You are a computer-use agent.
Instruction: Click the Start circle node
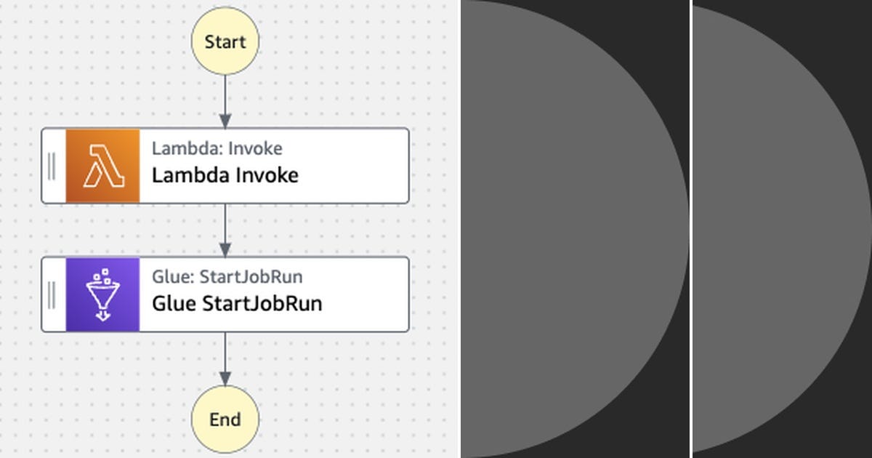(x=225, y=41)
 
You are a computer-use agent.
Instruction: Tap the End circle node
(x=225, y=419)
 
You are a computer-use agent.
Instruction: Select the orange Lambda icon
(x=102, y=166)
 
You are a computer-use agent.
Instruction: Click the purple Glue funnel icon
(x=102, y=294)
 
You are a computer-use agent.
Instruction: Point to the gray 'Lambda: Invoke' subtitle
(x=217, y=149)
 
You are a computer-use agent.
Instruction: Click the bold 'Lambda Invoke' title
(x=225, y=176)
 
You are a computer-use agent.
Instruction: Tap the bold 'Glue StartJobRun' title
(x=236, y=304)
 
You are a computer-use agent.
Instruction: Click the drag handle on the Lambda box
(x=52, y=166)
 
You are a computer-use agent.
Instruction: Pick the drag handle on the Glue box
(x=52, y=294)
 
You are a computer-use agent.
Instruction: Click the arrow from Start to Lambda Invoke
(x=225, y=102)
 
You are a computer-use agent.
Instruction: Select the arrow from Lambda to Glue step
(x=225, y=230)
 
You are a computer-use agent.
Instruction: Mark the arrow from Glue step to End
(x=225, y=359)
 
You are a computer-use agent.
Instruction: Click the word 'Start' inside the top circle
(x=225, y=42)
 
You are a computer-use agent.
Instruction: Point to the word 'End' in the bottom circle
(x=225, y=420)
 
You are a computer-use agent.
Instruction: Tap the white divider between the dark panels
(x=690, y=229)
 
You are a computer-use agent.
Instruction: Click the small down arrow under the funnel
(x=102, y=316)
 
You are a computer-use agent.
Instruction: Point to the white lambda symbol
(x=102, y=166)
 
